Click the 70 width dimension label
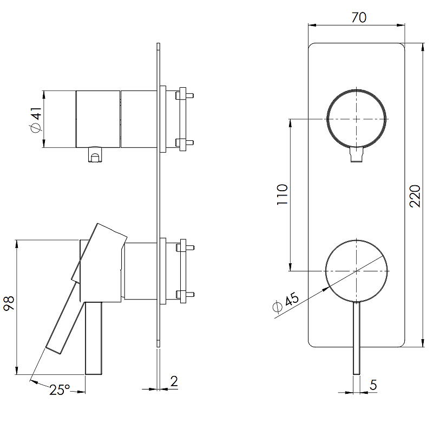click(x=358, y=17)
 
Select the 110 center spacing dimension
click(x=283, y=194)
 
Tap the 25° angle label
click(x=59, y=389)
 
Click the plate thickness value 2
click(x=173, y=380)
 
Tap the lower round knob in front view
click(x=357, y=269)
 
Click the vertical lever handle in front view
click(x=357, y=336)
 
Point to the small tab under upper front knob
click(x=356, y=156)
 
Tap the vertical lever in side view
click(x=94, y=338)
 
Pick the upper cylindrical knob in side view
click(x=97, y=119)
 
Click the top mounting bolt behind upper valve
click(x=184, y=95)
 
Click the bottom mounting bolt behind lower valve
click(x=184, y=295)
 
